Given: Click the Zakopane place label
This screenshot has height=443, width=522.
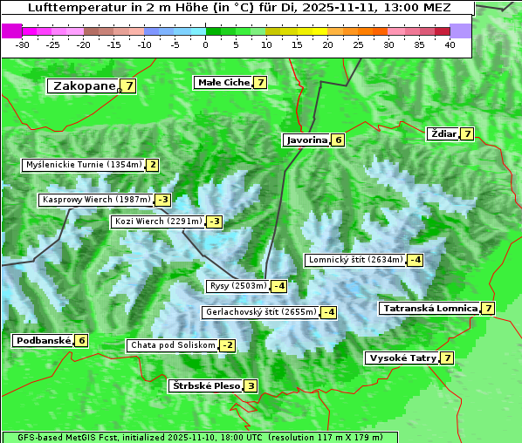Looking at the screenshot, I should point(84,85).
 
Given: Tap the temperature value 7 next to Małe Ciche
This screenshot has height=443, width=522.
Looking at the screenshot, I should point(260,83).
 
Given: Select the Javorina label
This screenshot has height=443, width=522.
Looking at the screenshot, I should point(306,140).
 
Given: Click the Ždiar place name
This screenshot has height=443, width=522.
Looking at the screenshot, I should point(443,133).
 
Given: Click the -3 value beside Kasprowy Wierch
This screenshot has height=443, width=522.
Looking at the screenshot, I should point(163,200).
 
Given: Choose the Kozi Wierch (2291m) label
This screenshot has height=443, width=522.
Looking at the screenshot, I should point(158,221).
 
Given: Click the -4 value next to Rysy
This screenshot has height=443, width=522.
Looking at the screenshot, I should point(279,286).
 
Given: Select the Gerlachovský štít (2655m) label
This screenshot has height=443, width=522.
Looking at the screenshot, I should point(260,312).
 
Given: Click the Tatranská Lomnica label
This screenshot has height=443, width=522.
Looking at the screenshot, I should point(429,308).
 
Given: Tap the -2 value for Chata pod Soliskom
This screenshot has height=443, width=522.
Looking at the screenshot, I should point(227,345).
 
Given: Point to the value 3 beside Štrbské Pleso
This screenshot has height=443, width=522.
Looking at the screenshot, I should point(251,386).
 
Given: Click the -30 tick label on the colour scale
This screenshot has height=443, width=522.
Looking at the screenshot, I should point(23,44).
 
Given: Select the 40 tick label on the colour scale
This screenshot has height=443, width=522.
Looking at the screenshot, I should point(450,44).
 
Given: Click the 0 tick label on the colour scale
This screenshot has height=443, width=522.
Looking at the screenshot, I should point(206,44).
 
